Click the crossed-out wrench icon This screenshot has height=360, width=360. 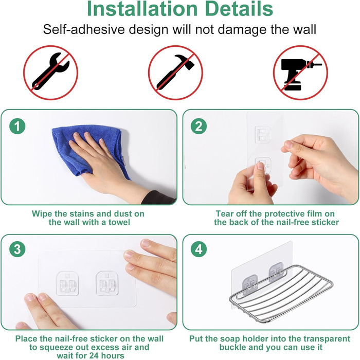pos(51,73)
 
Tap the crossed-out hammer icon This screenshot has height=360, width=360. pos(176,73)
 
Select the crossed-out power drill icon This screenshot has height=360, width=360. pos(300,73)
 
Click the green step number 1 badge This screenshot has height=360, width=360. pos(17,126)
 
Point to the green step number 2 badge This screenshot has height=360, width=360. pos(199,126)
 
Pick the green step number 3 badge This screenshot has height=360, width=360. pos(17,249)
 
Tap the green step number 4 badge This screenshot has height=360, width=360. pos(199,249)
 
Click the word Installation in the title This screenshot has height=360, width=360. pos(142,9)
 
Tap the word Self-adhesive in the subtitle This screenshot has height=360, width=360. pos(84,30)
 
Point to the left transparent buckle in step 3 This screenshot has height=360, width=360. pos(67,283)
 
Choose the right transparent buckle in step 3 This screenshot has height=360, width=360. pos(107,283)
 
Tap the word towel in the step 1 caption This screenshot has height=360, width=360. pos(119,222)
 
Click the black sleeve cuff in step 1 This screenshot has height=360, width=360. pos(158,197)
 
